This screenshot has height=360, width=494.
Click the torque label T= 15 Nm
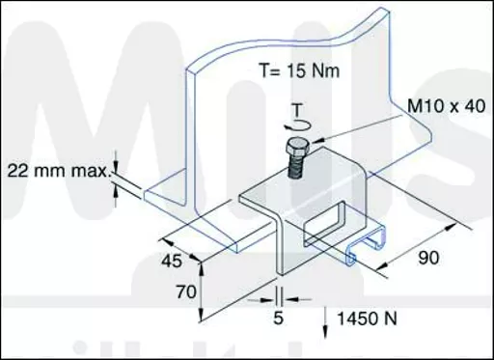299,70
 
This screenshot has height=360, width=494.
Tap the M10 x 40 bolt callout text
447,106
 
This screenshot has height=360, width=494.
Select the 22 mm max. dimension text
59,171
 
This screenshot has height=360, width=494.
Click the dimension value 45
172,261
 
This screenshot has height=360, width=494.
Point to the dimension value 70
186,292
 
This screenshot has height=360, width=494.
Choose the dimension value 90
428,258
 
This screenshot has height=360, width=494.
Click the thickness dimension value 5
279,318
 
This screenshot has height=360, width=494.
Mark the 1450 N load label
367,318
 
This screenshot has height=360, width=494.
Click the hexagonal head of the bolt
298,146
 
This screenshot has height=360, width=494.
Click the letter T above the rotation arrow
298,110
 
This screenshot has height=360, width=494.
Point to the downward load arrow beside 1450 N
325,322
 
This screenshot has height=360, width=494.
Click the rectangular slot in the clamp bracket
325,223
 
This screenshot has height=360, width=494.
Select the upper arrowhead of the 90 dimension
451,227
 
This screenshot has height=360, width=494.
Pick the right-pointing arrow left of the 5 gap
267,300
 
